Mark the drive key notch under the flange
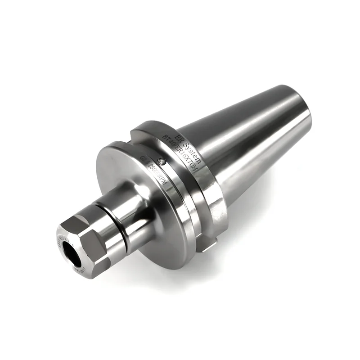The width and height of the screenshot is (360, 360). (x=208, y=245)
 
